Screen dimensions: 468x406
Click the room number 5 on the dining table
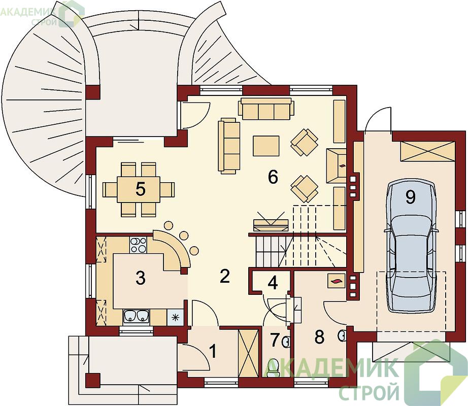140,189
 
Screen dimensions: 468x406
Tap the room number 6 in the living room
273,177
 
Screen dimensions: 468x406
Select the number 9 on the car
411,197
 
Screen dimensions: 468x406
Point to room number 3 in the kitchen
140,278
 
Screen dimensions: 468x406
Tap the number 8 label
319,337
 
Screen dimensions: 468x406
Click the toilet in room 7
273,367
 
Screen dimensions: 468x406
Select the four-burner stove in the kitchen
138,245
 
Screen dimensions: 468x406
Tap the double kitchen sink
137,317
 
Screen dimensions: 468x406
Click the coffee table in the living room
266,146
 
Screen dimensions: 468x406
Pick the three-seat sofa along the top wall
266,109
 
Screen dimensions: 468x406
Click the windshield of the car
411,227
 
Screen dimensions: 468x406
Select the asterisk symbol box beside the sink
175,317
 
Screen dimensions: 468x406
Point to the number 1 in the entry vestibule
213,351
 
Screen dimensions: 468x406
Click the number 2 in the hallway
224,276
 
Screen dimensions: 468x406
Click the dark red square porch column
92,380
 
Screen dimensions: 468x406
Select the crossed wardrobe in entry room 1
248,354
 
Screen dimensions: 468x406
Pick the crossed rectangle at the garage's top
427,152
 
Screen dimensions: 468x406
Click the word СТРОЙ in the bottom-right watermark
369,392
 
